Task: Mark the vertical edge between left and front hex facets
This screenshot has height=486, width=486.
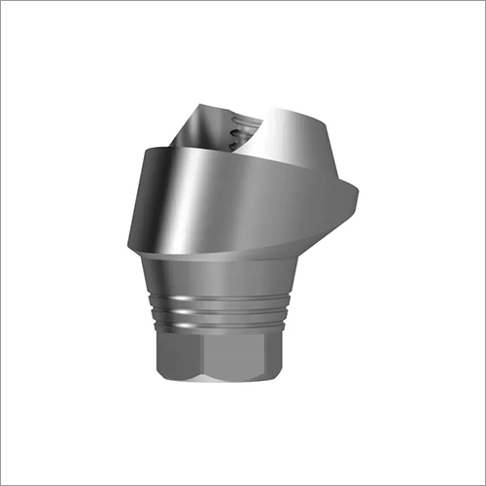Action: click(201, 350)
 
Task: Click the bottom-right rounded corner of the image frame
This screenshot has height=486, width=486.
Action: click(480, 480)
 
